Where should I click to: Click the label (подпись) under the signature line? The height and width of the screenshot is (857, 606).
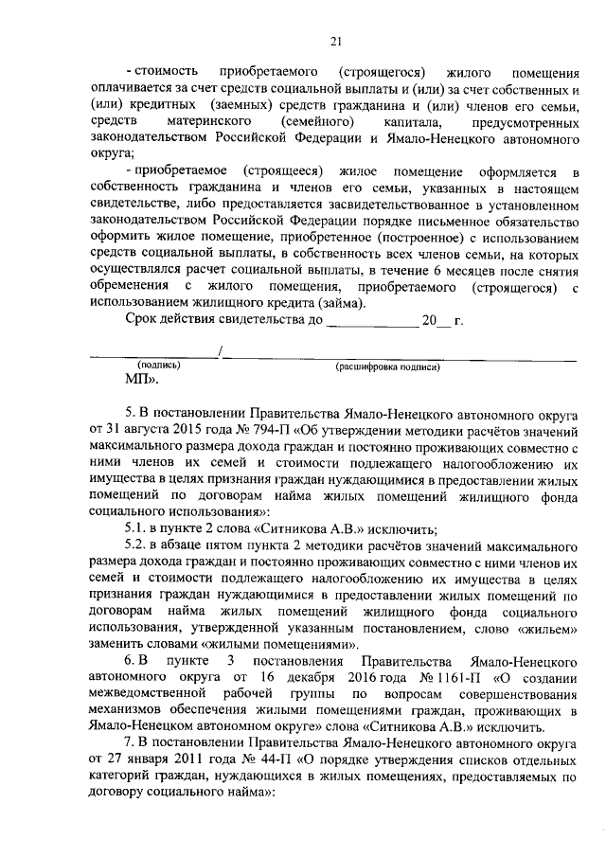click(x=159, y=365)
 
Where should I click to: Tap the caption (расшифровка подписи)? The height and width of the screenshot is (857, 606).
click(x=388, y=366)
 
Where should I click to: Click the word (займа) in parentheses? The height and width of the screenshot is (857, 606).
click(x=340, y=302)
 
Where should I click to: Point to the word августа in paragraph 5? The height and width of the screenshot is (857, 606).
click(x=138, y=429)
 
